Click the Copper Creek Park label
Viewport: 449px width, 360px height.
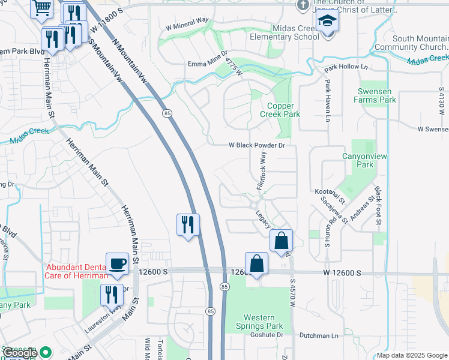[x=280, y=109]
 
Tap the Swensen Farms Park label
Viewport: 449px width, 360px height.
[x=377, y=95]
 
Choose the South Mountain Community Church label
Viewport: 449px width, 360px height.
[x=411, y=43]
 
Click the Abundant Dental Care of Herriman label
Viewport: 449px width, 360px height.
[x=76, y=272]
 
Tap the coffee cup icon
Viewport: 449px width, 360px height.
[x=116, y=263]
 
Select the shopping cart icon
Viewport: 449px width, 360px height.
[x=41, y=7]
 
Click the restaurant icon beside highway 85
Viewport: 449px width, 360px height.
[x=188, y=225]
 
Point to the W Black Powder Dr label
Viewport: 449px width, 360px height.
[x=256, y=145]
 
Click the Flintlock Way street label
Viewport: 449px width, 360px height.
[x=262, y=171]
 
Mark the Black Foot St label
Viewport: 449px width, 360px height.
[x=378, y=206]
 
